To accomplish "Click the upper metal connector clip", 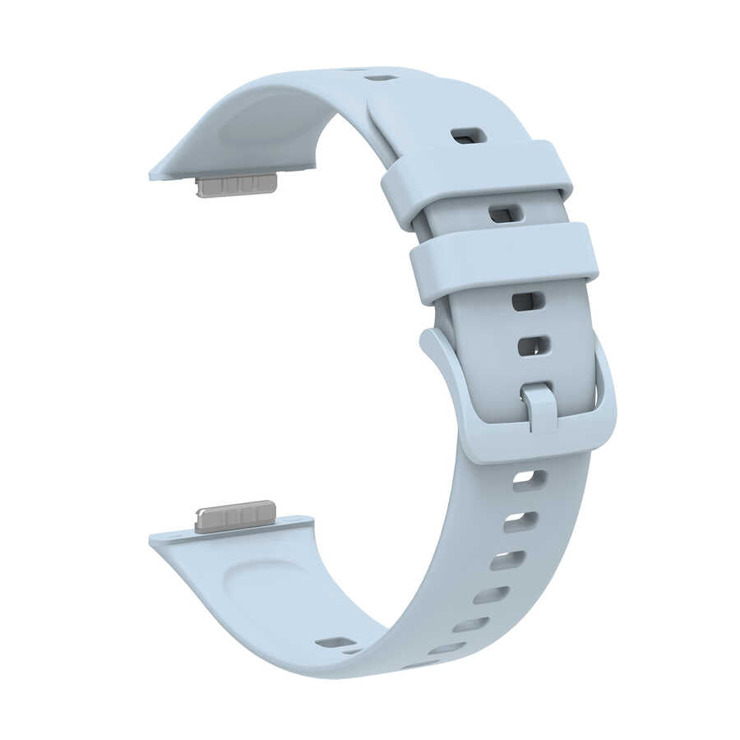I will coord(236,185).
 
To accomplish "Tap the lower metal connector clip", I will coord(234,516).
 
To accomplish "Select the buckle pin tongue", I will coord(539,405).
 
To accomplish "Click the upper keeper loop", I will coord(477,183).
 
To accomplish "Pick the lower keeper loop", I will coord(504,261).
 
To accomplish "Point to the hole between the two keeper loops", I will coord(505,215).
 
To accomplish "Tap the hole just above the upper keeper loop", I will coord(469,135).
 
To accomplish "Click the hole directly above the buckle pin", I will coord(534,345).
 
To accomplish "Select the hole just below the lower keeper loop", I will coord(528,301).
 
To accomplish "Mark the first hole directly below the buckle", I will coord(530,480).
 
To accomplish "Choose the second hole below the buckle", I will coord(520,520).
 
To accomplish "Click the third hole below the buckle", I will coord(507,561).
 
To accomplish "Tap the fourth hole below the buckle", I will coord(491,594).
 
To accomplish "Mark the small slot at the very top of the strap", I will coord(380,77).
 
